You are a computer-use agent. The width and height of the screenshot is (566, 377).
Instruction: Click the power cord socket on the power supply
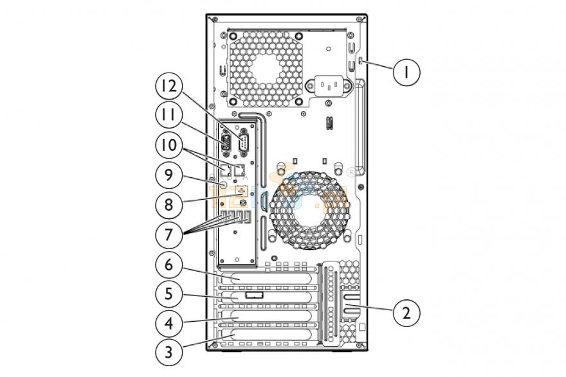(332, 85)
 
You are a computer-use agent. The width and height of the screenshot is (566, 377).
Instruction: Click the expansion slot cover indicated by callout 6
(270, 278)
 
